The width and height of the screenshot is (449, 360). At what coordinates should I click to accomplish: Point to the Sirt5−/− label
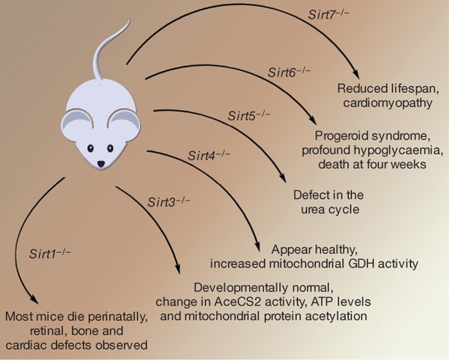click(245, 116)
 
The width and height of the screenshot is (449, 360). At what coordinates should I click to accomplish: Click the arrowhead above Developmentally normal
click(178, 272)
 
